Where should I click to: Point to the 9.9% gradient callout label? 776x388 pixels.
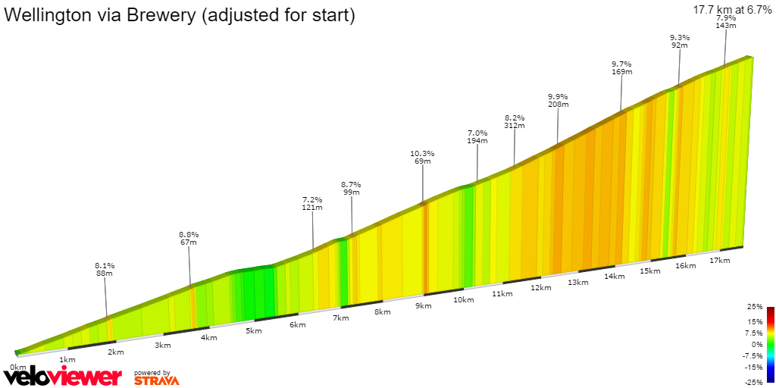(557, 96)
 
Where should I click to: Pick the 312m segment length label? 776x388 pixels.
(515, 126)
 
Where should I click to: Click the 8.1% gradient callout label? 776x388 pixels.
(105, 265)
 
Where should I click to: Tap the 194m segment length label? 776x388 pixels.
(477, 141)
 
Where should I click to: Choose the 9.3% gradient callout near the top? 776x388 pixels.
(680, 37)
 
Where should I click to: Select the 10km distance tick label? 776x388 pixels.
(463, 300)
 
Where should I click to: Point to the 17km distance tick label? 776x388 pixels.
(719, 261)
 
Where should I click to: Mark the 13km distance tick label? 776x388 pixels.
(577, 283)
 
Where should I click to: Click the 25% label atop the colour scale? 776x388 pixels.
(754, 307)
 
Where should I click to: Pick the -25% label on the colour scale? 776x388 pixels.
(753, 381)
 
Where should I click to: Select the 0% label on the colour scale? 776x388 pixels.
(756, 344)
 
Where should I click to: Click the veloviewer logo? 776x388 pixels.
(62, 376)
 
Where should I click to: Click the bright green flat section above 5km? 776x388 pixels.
(253, 292)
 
